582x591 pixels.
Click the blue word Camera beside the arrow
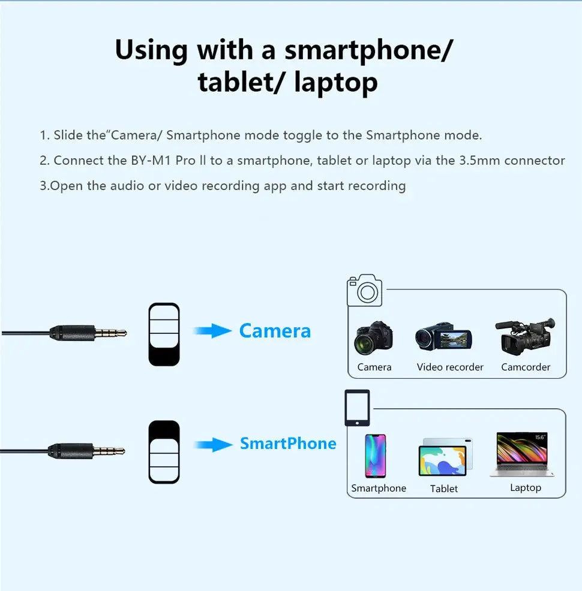tap(275, 331)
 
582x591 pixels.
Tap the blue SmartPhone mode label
tap(288, 444)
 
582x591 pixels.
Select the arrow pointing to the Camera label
tap(212, 331)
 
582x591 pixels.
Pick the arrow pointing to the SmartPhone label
tap(213, 445)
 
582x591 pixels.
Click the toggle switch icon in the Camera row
tap(164, 334)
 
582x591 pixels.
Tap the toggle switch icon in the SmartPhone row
tap(164, 452)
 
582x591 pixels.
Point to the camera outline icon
tap(364, 290)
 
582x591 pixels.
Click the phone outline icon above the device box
tap(357, 408)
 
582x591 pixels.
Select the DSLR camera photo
tap(373, 338)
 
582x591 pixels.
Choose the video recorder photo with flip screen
tap(443, 337)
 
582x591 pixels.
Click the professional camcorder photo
tap(526, 336)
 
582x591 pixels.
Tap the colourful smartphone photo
tap(376, 456)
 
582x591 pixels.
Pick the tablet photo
tap(445, 457)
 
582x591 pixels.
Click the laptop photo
tap(522, 454)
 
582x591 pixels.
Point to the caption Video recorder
tap(450, 367)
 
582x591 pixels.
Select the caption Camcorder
tap(526, 367)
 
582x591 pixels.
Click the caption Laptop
tap(526, 488)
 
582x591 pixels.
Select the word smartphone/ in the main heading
tap(368, 50)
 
